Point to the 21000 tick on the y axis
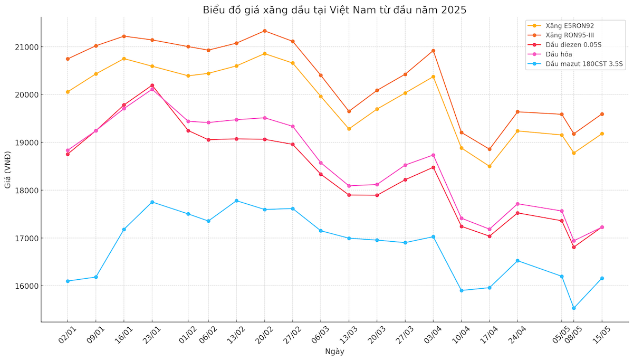click(x=27, y=47)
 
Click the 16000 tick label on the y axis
click(x=27, y=286)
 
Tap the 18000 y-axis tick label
click(x=27, y=191)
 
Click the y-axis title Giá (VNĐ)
click(x=8, y=170)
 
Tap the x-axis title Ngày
click(x=334, y=351)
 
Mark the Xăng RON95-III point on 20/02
click(x=264, y=31)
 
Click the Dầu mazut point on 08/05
click(x=573, y=308)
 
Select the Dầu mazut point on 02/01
click(x=68, y=281)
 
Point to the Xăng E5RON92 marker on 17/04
click(x=490, y=166)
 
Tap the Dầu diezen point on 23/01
click(x=152, y=85)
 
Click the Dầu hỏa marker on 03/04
click(x=433, y=155)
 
